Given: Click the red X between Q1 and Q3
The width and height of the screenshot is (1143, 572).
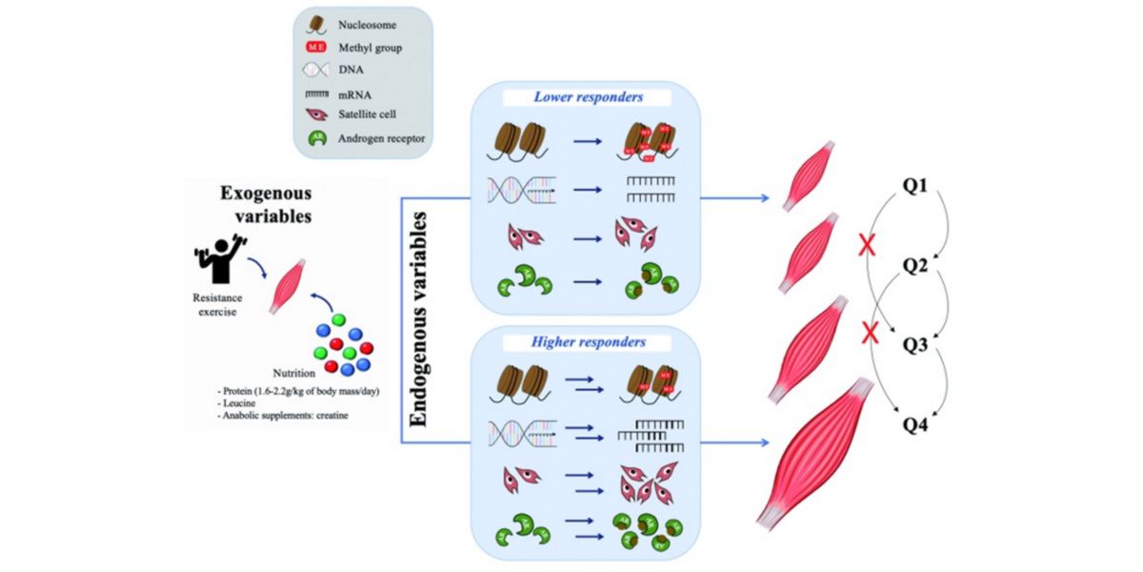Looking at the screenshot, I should [x=868, y=249].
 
